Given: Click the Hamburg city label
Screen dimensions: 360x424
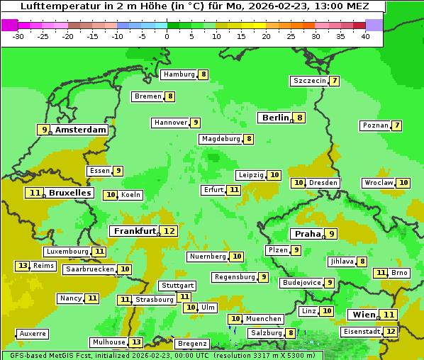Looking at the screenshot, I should (179, 74).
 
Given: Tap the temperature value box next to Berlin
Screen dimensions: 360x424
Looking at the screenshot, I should (300, 118).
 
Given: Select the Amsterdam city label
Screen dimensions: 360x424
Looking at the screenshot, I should (81, 130).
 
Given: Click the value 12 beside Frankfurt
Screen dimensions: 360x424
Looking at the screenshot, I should (169, 231).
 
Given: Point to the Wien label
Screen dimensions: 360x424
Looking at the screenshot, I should (362, 315).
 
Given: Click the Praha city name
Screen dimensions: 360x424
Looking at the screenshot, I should (308, 234).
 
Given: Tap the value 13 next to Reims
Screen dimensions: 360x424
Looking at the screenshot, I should (23, 266).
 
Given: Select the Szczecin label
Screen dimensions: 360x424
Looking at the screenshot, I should (310, 81).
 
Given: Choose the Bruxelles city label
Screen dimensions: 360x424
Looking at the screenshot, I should (69, 193).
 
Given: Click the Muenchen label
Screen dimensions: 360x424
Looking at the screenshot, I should (264, 319).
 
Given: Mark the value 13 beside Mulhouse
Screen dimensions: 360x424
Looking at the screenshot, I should (136, 342).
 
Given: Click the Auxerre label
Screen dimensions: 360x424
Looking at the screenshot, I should (33, 334).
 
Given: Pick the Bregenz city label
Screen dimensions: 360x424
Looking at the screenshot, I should (191, 344).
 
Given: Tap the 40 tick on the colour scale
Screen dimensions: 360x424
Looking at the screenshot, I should (365, 36).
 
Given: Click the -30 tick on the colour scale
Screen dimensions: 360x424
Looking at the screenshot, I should (18, 36).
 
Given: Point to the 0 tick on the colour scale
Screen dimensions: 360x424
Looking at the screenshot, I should (167, 36).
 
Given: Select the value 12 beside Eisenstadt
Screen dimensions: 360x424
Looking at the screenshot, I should (390, 331).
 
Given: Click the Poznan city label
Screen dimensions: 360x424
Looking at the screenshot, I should (375, 125).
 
